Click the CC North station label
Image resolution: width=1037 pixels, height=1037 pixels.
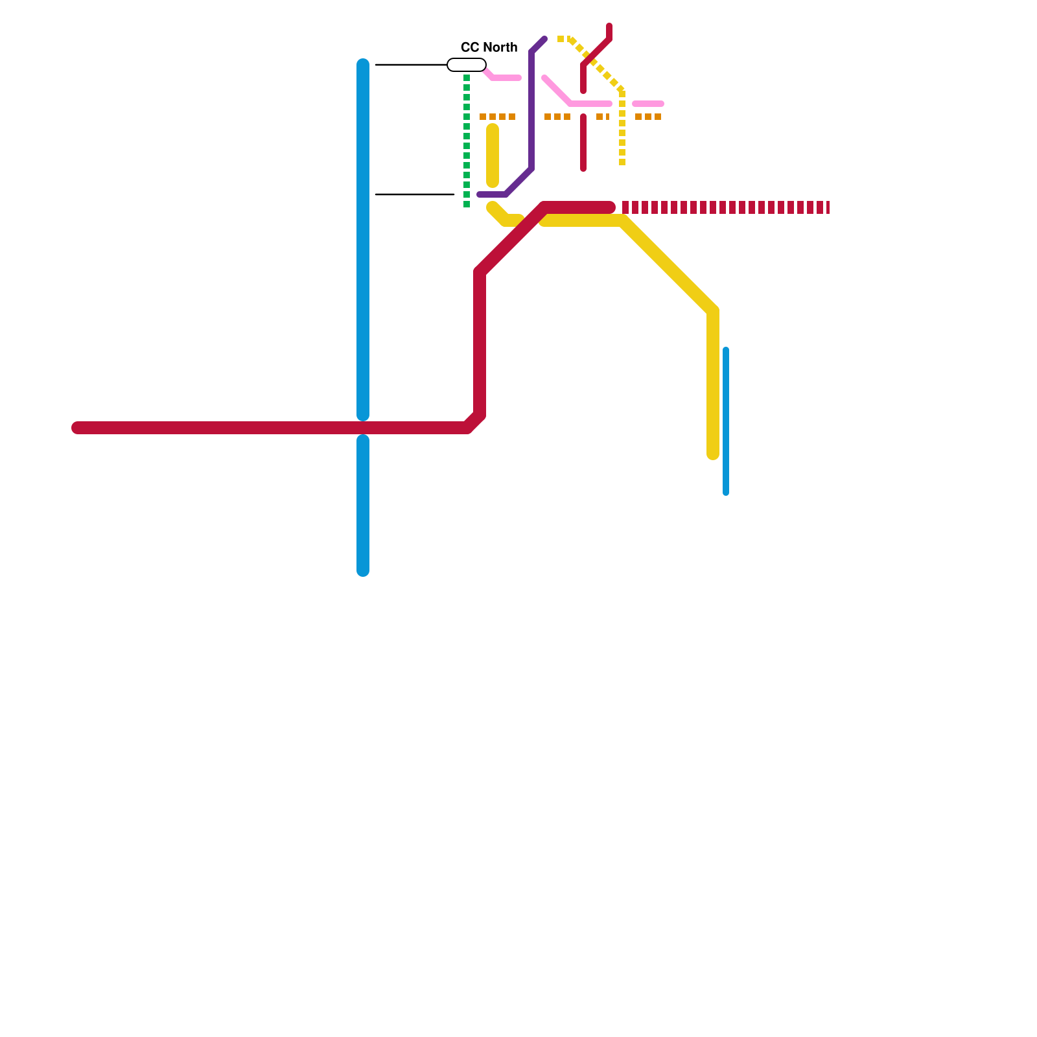pyautogui.click(x=489, y=47)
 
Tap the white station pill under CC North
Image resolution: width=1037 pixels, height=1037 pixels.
pyautogui.click(x=467, y=65)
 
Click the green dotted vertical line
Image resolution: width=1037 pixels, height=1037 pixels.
pyautogui.click(x=467, y=143)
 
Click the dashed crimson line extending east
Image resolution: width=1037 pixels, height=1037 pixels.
pyautogui.click(x=726, y=207)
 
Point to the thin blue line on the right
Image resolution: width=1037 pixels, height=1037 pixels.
pyautogui.click(x=726, y=421)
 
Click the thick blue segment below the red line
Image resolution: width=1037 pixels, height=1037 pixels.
pyautogui.click(x=363, y=506)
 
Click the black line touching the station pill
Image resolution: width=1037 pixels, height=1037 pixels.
pyautogui.click(x=412, y=65)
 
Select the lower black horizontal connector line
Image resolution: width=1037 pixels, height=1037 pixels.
pyautogui.click(x=415, y=194)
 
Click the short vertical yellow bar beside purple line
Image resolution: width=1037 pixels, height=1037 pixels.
pyautogui.click(x=493, y=156)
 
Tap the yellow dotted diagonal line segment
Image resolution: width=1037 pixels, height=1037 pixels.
pyautogui.click(x=596, y=65)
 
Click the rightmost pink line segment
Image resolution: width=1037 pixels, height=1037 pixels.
pyautogui.click(x=648, y=104)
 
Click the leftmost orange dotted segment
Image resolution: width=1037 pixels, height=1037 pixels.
pyautogui.click(x=497, y=117)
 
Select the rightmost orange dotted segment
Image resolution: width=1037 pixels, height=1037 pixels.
pyautogui.click(x=648, y=117)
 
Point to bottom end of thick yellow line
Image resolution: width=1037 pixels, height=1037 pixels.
pyautogui.click(x=713, y=454)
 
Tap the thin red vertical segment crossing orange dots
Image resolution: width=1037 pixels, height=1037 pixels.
pyautogui.click(x=583, y=143)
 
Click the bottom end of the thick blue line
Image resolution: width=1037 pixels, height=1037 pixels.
pyautogui.click(x=363, y=570)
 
